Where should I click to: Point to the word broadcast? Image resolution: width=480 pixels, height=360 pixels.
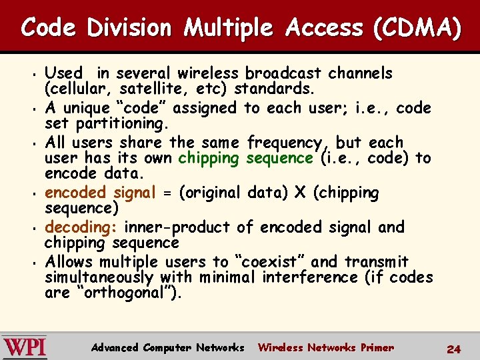pyautogui.click(x=283, y=73)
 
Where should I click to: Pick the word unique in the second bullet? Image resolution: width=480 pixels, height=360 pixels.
pyautogui.click(x=83, y=107)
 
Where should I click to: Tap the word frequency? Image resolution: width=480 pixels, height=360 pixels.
pyautogui.click(x=289, y=142)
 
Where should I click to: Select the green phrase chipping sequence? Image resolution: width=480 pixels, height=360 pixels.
pyautogui.click(x=246, y=158)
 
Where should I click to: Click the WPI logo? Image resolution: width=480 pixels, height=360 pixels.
pyautogui.click(x=25, y=347)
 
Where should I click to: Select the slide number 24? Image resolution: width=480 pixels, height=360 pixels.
pyautogui.click(x=454, y=349)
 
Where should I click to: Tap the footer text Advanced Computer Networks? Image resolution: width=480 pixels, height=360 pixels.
pyautogui.click(x=168, y=347)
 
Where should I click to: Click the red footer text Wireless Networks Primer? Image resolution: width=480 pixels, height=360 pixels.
pyautogui.click(x=326, y=347)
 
